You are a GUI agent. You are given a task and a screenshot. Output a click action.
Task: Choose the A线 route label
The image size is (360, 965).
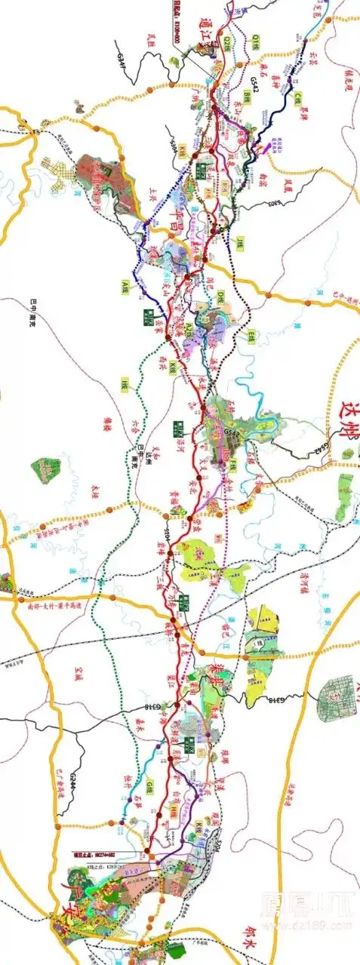[x=127, y=285]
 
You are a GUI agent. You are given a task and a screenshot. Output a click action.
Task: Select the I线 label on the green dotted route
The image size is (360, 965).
[x=122, y=386]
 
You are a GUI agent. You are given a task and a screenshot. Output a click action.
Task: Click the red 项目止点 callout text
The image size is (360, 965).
[x=88, y=855]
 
